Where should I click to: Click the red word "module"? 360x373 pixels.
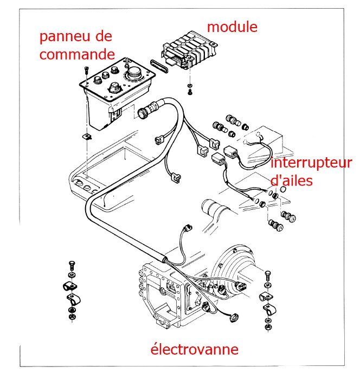[x=232, y=25]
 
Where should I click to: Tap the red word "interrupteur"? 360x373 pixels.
[x=311, y=163]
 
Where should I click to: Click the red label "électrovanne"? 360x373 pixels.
[x=194, y=349]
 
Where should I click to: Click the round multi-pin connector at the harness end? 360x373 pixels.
[x=145, y=113]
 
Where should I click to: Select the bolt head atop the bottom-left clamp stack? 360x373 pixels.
[x=71, y=264]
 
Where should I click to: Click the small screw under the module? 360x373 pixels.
[x=190, y=91]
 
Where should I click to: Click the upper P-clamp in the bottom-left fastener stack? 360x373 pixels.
[x=69, y=285]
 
